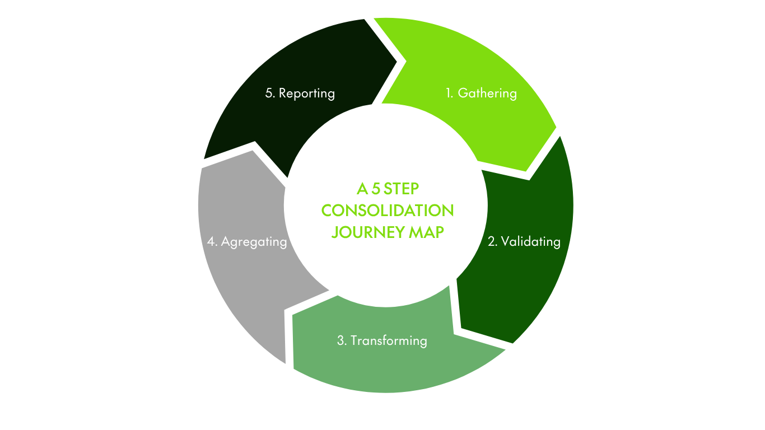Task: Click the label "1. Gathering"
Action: pos(481,93)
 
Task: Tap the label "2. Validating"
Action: pos(524,241)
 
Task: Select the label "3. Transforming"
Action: pos(382,340)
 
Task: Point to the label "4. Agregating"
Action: pos(247,242)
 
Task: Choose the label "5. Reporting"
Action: pos(300,93)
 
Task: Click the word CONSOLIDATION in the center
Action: pos(388,211)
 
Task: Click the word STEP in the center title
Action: pos(402,188)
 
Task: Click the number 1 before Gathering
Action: pos(449,93)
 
